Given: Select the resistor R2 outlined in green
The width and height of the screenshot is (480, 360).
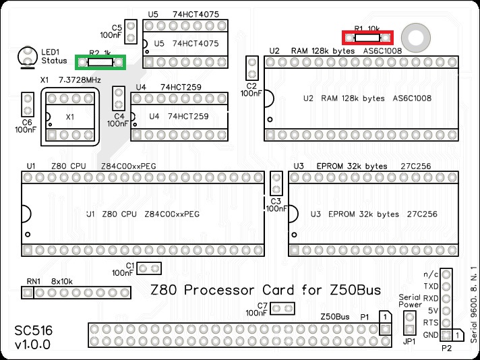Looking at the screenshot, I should (x=100, y=62).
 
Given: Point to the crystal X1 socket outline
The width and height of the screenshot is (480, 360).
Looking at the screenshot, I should (x=69, y=117).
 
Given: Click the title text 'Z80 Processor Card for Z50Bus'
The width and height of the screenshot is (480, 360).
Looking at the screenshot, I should (x=265, y=291).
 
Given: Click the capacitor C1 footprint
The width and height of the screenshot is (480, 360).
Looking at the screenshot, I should (x=150, y=268).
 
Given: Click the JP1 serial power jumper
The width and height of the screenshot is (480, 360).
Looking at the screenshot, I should (x=409, y=324).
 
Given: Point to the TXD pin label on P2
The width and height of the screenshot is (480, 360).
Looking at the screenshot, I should (x=431, y=286).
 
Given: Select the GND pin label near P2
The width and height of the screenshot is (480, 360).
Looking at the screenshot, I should (x=431, y=335).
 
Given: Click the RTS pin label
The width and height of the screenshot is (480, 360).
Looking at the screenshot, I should (x=431, y=322).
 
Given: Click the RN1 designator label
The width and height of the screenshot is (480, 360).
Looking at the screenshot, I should (x=34, y=281).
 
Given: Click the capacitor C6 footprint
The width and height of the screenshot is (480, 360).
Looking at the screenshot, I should (x=28, y=104).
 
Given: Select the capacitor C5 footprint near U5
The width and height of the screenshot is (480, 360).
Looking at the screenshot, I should (x=131, y=30).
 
